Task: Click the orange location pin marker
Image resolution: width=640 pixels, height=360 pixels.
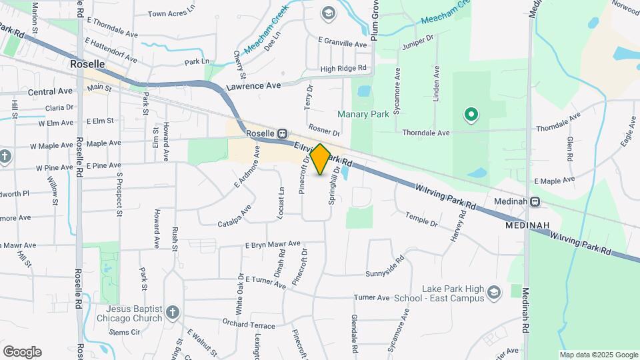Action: click(x=320, y=159)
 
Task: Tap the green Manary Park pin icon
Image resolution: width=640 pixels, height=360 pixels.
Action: click(x=471, y=115)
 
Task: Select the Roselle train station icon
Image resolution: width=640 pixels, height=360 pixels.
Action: click(x=283, y=133)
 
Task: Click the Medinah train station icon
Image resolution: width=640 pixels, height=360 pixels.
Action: click(x=535, y=201)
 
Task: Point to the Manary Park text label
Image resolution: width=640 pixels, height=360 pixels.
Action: click(x=363, y=115)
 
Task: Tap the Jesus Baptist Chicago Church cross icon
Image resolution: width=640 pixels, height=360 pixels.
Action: click(x=173, y=312)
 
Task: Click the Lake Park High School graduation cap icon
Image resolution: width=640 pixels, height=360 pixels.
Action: click(x=494, y=293)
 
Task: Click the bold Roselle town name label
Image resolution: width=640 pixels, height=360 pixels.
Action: click(x=87, y=64)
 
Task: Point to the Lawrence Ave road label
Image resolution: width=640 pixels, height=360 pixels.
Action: click(x=253, y=86)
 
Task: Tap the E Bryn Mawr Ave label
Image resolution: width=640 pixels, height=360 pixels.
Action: click(x=273, y=245)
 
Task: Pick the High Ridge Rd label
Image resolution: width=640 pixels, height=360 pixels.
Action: click(x=343, y=69)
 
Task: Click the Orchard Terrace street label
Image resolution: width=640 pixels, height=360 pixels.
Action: click(x=249, y=325)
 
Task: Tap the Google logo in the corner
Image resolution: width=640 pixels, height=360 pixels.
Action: click(x=22, y=352)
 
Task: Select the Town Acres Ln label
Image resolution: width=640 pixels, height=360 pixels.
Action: click(x=172, y=13)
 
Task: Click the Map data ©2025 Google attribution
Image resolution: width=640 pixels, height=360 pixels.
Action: click(x=598, y=355)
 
